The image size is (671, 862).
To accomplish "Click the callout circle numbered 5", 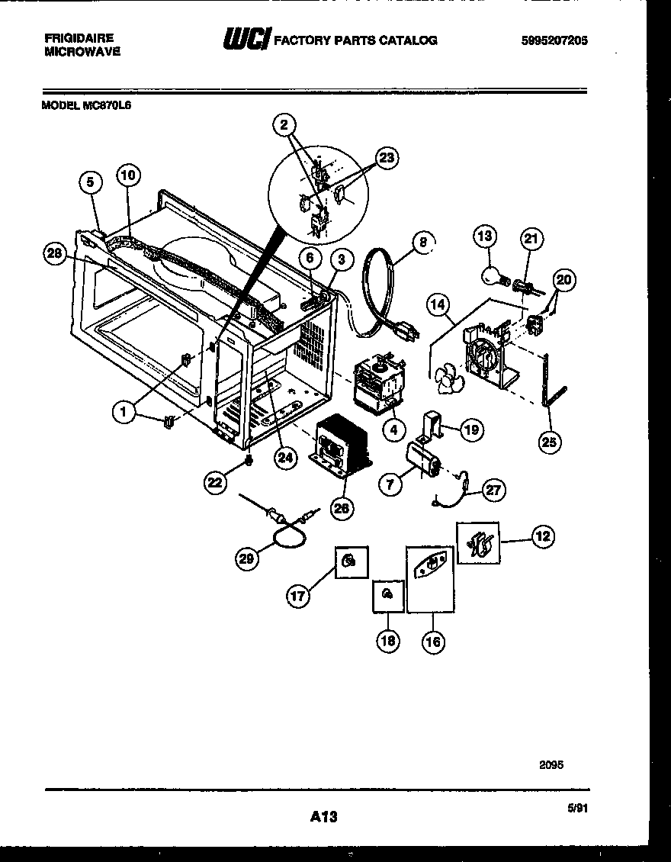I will pyautogui.click(x=91, y=182).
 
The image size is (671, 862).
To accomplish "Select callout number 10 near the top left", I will pyautogui.click(x=128, y=175).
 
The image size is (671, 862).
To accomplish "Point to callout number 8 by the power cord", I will pyautogui.click(x=421, y=243).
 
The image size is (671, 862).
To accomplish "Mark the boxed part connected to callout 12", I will pyautogui.click(x=478, y=543).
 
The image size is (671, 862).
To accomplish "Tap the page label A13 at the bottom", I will pyautogui.click(x=323, y=817).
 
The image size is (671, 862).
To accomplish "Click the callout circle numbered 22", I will pyautogui.click(x=215, y=481).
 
